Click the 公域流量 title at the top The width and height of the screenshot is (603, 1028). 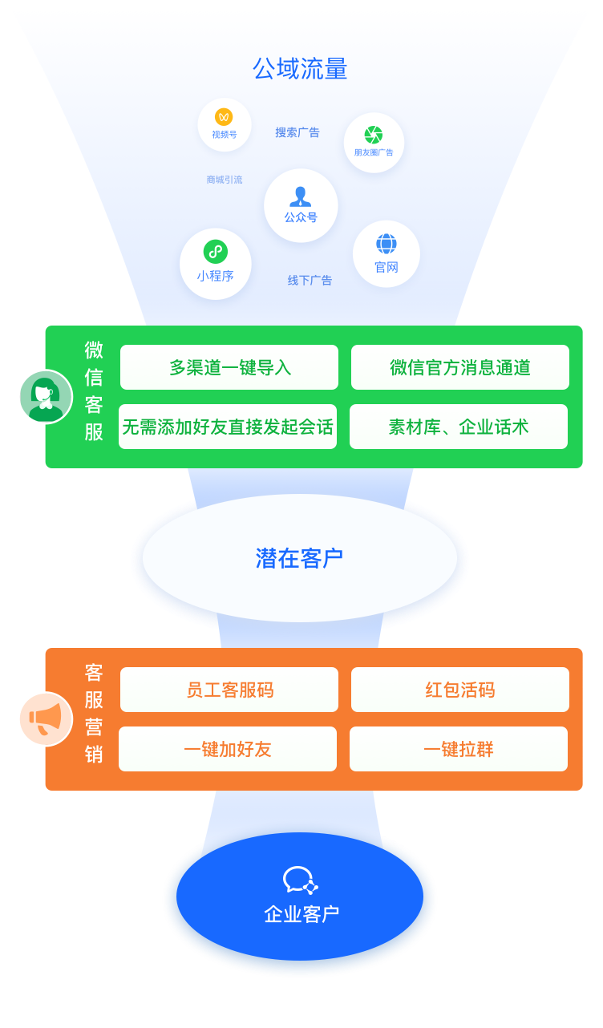pos(300,69)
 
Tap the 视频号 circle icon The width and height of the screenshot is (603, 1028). pos(225,124)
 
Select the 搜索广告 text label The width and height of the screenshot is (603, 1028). pos(297,132)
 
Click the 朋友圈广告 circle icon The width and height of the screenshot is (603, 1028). pos(374,142)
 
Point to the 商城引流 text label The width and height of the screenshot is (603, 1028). pos(225,180)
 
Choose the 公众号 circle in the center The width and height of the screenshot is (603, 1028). pos(301,205)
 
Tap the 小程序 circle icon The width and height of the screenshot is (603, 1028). pos(215,264)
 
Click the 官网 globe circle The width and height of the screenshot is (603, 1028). pos(386,253)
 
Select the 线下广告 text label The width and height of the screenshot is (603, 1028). pos(310,281)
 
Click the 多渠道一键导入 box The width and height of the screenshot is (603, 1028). pos(229,367)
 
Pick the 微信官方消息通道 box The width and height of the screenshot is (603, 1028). pos(460,367)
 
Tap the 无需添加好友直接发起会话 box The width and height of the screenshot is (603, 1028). pos(228,427)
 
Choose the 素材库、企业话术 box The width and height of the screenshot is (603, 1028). pos(459,427)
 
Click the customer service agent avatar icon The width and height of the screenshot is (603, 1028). pos(46,396)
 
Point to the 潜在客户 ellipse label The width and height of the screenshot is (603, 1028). pos(300,558)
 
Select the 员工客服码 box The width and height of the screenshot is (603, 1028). pos(229,690)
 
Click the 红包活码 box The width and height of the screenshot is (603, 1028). pos(460,690)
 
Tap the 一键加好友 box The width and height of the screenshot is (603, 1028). pos(228,749)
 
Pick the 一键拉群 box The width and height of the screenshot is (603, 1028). pos(459,749)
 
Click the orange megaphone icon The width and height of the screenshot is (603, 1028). pos(46,718)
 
